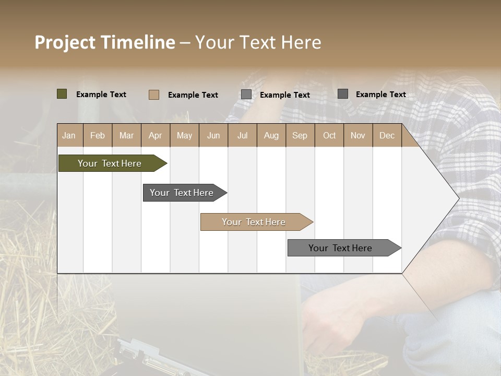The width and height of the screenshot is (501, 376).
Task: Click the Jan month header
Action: pyautogui.click(x=69, y=136)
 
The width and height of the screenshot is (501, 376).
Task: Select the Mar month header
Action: pyautogui.click(x=126, y=136)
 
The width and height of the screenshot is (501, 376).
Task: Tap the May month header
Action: pyautogui.click(x=184, y=136)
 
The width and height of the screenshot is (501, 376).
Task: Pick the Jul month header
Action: pyautogui.click(x=242, y=136)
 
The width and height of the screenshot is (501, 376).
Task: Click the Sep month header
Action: pyautogui.click(x=300, y=136)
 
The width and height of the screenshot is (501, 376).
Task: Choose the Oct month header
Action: pyautogui.click(x=329, y=136)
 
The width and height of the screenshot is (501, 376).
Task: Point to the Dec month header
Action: pyautogui.click(x=387, y=136)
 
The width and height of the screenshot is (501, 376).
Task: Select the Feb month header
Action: pyautogui.click(x=98, y=136)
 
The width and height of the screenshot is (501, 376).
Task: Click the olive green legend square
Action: pyautogui.click(x=62, y=94)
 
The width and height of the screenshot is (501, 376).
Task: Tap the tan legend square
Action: pyautogui.click(x=154, y=95)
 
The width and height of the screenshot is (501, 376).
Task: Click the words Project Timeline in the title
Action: pyautogui.click(x=104, y=42)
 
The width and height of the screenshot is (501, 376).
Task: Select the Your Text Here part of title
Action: pyautogui.click(x=258, y=42)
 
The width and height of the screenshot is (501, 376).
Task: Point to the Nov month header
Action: pyautogui.click(x=358, y=136)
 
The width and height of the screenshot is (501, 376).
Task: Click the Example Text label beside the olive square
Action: pyautogui.click(x=101, y=95)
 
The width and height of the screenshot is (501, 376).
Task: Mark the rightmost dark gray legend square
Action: pyautogui.click(x=343, y=94)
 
